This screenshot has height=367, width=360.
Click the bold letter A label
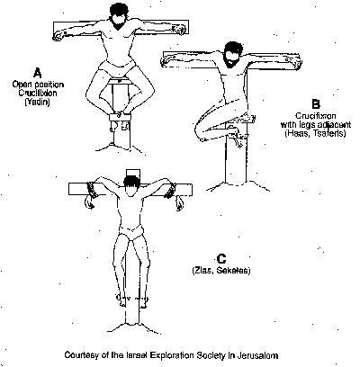[38, 73]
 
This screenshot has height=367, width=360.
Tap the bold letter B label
[316, 104]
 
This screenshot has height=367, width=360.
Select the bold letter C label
[221, 259]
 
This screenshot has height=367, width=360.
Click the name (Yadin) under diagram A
[37, 102]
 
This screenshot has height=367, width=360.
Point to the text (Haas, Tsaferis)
[315, 133]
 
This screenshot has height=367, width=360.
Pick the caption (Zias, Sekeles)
[221, 271]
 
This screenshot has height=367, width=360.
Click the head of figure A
[120, 17]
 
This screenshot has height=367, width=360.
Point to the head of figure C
[131, 186]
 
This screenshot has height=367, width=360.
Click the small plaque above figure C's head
[133, 174]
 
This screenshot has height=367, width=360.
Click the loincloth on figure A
[117, 67]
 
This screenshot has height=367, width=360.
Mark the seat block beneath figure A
[120, 81]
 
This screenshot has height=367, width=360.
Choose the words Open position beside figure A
[38, 85]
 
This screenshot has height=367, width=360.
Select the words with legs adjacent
[316, 124]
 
